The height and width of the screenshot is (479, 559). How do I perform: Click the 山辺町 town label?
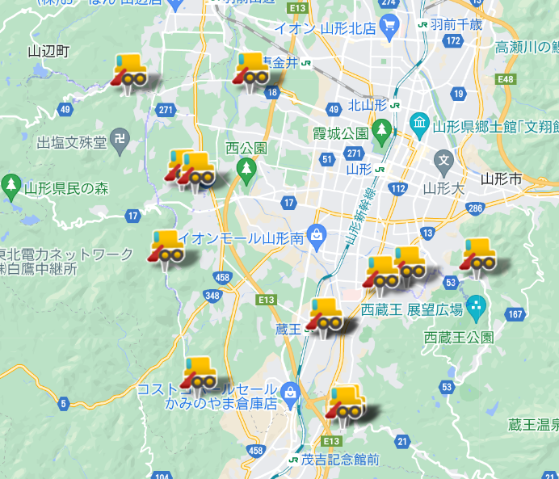pos(48,52)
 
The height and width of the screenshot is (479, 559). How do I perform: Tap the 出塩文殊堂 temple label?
pos(72,143)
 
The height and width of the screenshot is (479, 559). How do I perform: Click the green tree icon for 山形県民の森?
pos(11,187)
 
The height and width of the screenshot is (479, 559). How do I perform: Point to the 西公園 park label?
pos(246,149)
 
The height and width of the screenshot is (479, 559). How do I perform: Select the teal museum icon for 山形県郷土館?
pos(419,124)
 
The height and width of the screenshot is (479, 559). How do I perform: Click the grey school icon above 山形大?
pos(443,163)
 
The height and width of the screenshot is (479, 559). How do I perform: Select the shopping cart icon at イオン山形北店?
pos(389,28)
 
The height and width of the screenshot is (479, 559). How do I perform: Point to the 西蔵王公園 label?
pos(458,337)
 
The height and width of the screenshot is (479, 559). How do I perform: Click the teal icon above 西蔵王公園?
pos(477,307)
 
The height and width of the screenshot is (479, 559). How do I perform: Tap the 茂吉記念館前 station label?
pos(340,460)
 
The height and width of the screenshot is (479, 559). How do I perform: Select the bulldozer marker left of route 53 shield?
pos(477,256)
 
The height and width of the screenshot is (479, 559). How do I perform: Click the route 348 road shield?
pos(212,296)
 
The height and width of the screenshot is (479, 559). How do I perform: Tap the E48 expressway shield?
pos(506,79)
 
